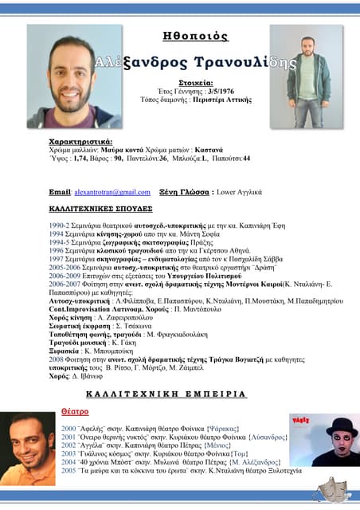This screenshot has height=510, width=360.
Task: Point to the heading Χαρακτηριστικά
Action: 80,141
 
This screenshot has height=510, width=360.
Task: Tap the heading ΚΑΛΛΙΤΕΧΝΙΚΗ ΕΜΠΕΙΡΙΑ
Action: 166,394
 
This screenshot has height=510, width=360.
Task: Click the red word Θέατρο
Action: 75,412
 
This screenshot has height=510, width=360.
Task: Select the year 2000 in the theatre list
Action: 68,428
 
